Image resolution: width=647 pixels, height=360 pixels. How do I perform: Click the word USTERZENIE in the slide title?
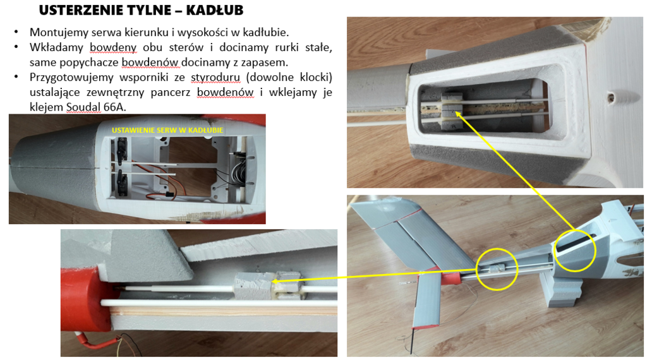pos(79,11)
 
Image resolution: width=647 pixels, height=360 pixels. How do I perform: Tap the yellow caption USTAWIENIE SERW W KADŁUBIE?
pos(171,130)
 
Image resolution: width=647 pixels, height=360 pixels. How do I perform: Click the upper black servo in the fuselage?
pos(121,149)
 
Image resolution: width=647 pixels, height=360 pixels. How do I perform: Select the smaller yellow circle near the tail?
pos(497,269)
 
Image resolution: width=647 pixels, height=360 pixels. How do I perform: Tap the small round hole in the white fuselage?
pos(612,98)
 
